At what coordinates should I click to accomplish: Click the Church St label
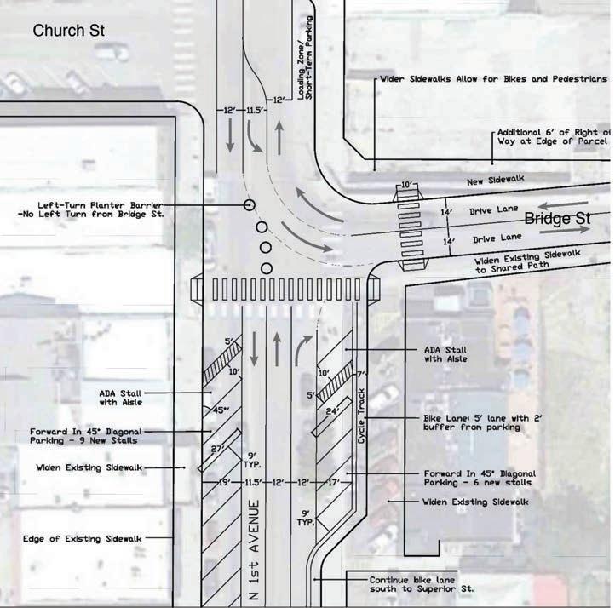[67, 32]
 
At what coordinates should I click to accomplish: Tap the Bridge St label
[557, 220]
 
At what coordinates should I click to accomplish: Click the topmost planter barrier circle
[249, 205]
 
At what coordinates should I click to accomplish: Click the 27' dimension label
[216, 450]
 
